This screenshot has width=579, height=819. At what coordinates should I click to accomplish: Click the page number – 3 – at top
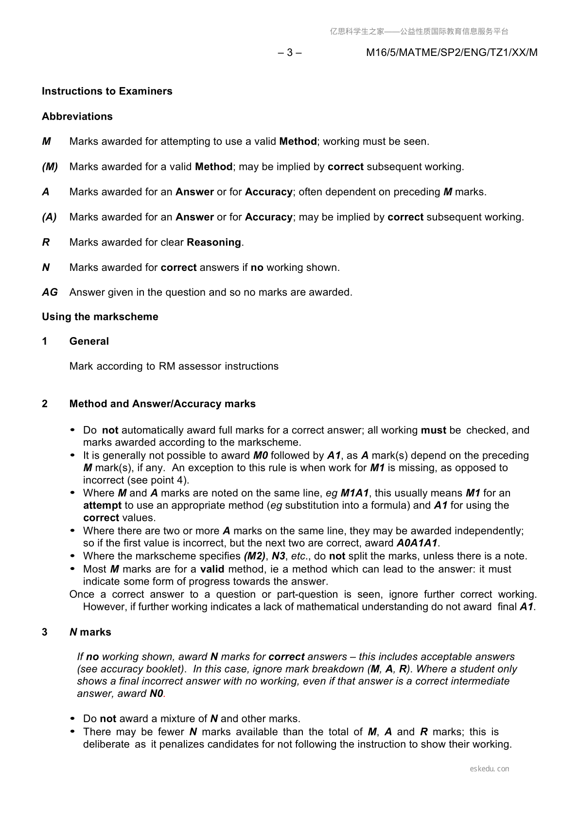click(x=290, y=53)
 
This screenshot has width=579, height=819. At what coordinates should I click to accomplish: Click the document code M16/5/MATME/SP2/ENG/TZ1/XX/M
click(x=452, y=53)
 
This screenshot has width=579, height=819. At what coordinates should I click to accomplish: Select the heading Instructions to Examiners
click(x=107, y=91)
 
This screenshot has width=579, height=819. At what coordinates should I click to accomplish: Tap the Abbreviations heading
click(x=77, y=116)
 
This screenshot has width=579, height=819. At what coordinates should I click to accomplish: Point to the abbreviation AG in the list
click(x=50, y=292)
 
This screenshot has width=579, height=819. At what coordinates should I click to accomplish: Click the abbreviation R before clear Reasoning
click(x=46, y=242)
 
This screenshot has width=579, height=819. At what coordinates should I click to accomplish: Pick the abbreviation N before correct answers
click(x=46, y=267)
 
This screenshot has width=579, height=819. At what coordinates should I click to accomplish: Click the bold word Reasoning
click(x=214, y=242)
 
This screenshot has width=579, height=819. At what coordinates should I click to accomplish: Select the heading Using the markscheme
click(x=100, y=317)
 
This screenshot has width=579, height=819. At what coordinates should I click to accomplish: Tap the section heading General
click(x=89, y=341)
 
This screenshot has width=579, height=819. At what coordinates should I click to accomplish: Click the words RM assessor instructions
click(x=219, y=366)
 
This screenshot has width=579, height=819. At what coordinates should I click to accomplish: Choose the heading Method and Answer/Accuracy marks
click(x=162, y=404)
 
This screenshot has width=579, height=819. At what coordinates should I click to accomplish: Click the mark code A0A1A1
click(x=417, y=543)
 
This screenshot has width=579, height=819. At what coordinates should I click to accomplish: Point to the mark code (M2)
click(x=254, y=556)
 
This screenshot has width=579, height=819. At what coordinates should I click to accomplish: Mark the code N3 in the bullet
click(x=278, y=556)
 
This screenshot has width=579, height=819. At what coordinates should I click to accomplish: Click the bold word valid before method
click(x=212, y=569)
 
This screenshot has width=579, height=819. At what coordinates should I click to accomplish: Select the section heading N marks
click(x=90, y=632)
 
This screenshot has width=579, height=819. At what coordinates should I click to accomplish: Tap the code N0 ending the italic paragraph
click(x=156, y=694)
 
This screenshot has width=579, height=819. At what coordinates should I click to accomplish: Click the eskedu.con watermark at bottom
click(x=490, y=769)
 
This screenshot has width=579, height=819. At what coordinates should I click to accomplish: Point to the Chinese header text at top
click(x=419, y=32)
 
